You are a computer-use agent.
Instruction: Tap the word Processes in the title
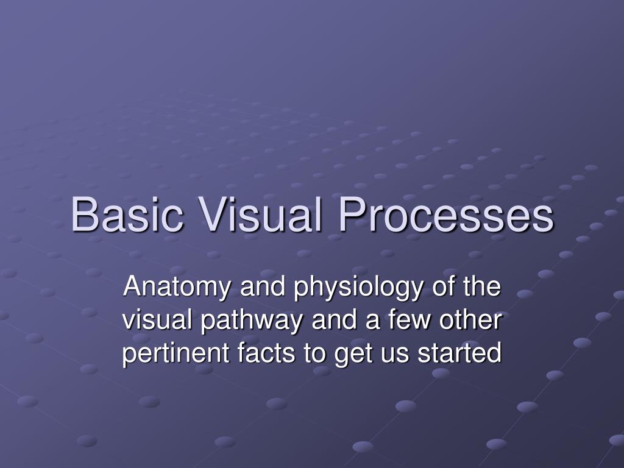point(447,215)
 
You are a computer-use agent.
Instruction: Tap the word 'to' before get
point(315,354)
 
